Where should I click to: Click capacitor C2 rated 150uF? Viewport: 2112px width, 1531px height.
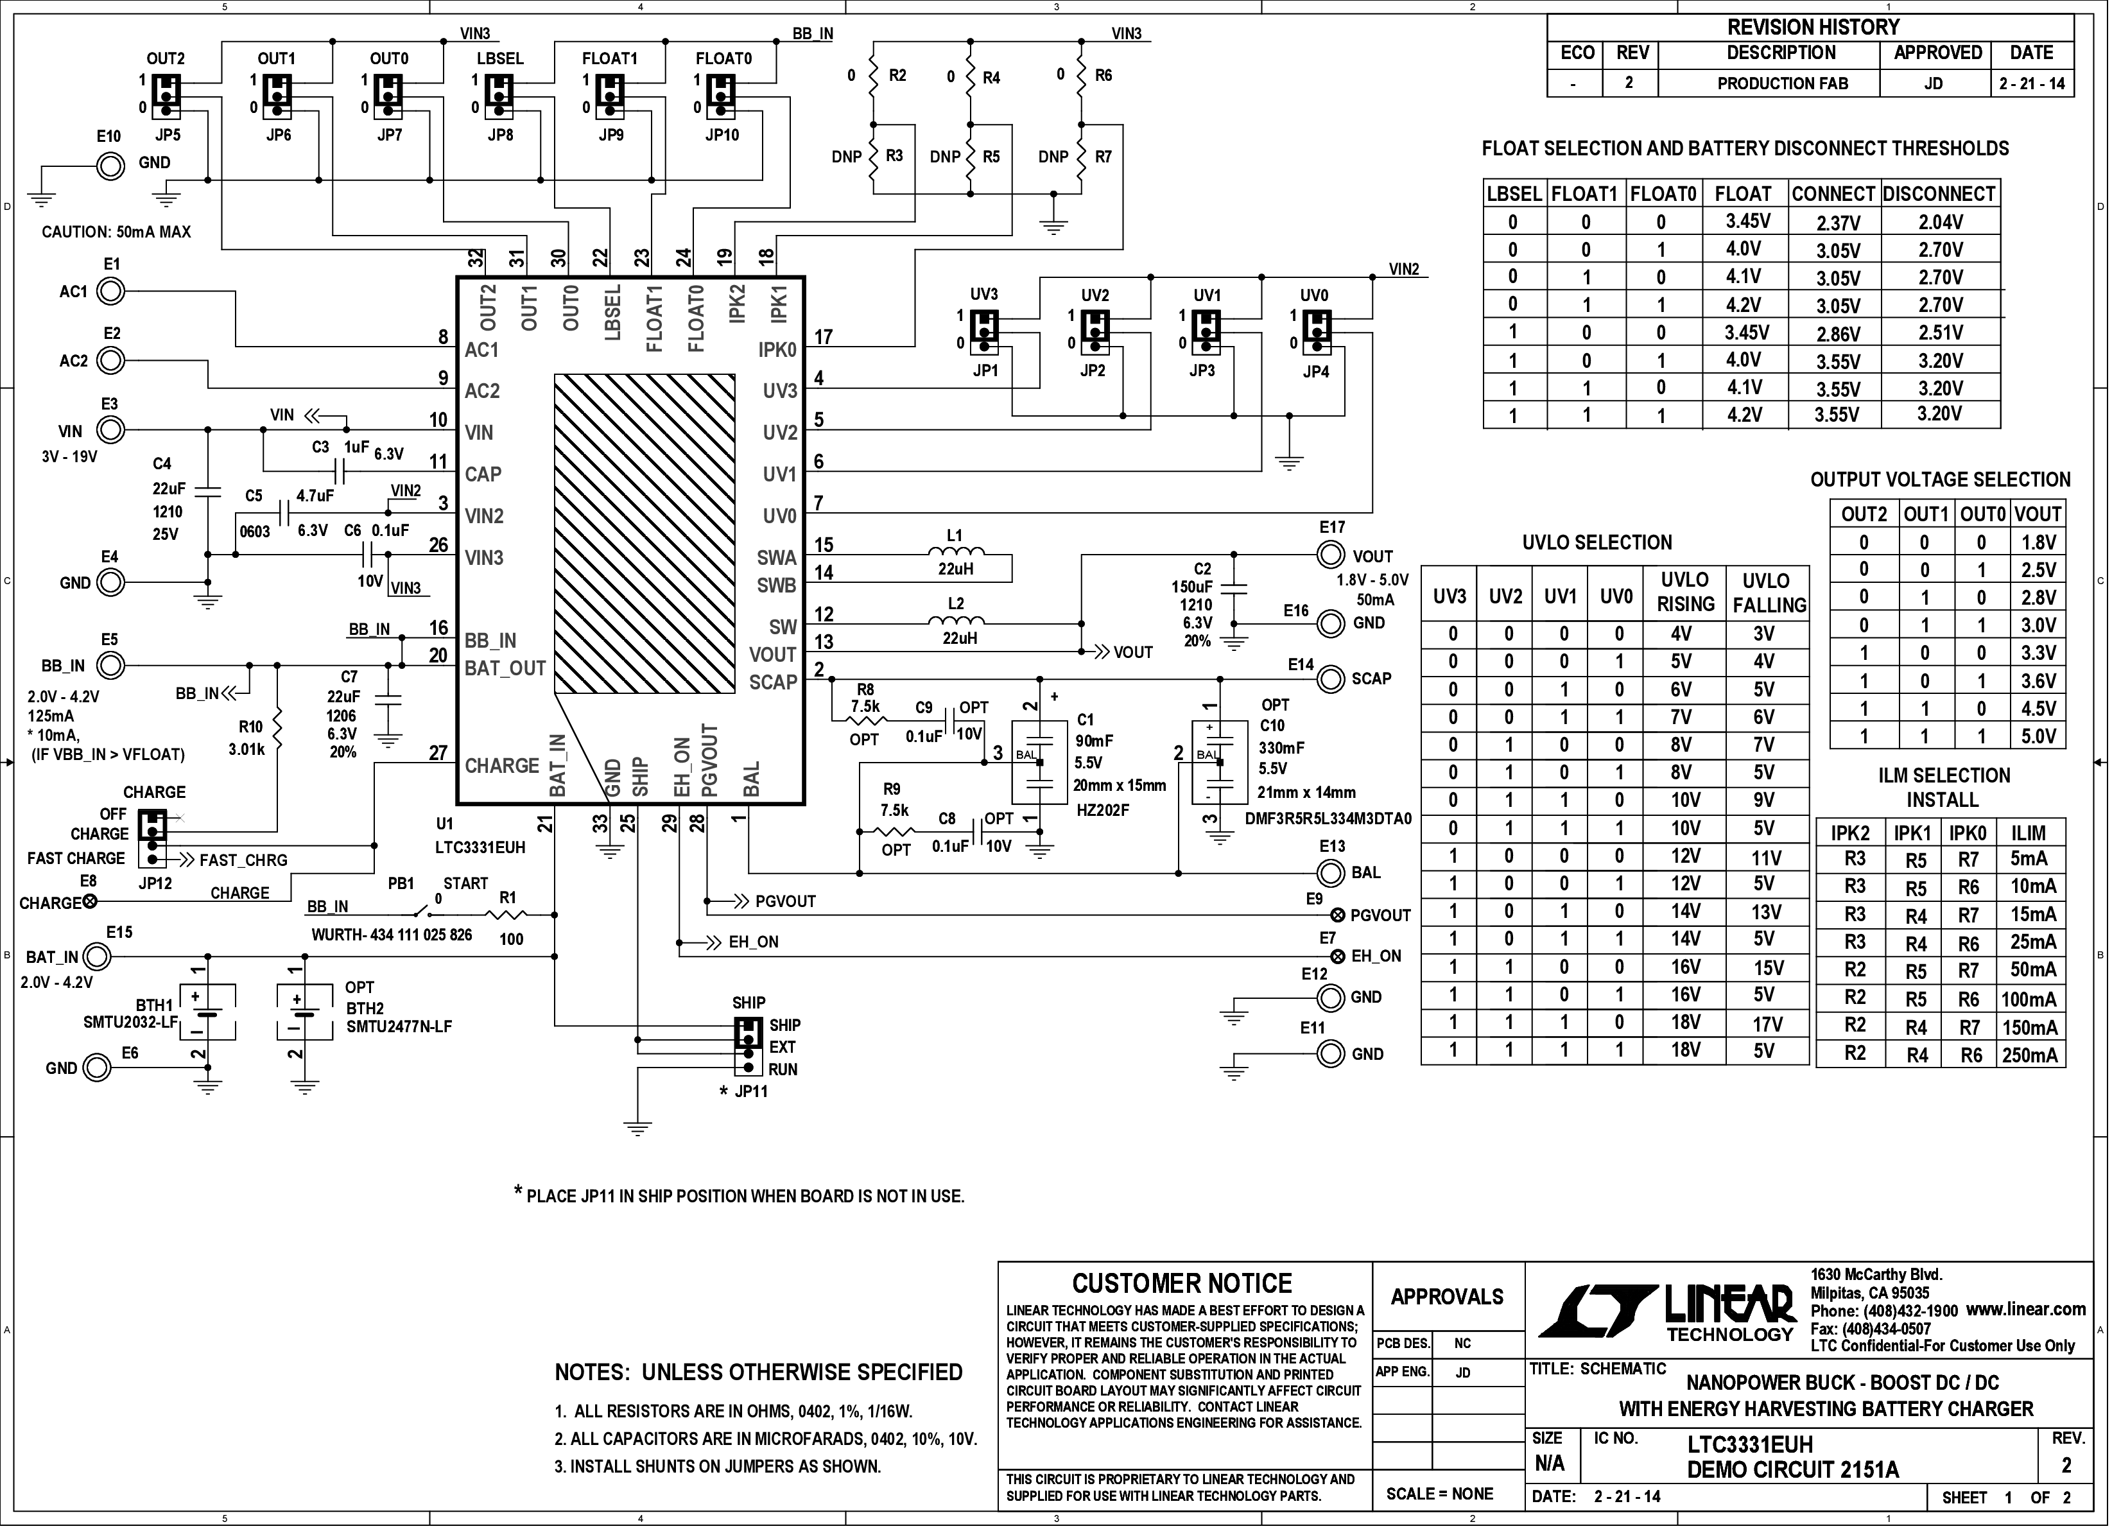pos(1235,589)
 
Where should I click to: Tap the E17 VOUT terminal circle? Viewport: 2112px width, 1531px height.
pos(1331,555)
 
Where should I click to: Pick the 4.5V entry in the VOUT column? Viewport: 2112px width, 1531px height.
pos(2038,708)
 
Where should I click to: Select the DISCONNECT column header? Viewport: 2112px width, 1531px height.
pos(1940,194)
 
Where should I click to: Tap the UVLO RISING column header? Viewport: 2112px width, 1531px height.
pos(1686,593)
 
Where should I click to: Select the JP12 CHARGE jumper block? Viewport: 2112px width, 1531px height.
pos(151,838)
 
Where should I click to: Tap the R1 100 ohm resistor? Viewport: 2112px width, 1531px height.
pos(508,915)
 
